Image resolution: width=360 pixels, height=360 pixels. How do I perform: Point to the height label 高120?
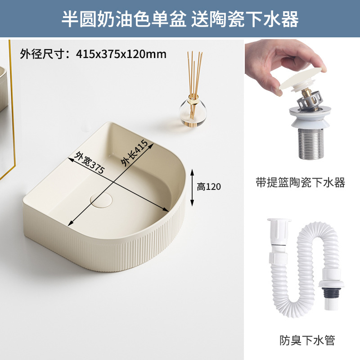point(209,186)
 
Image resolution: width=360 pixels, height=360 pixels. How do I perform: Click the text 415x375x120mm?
point(121,54)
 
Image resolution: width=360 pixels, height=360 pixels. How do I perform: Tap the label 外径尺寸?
point(43,54)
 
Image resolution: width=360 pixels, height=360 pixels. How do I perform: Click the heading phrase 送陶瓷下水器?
point(245,19)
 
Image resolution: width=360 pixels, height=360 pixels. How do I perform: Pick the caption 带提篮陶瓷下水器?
point(300,183)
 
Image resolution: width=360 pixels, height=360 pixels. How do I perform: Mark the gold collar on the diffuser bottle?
point(193,97)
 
